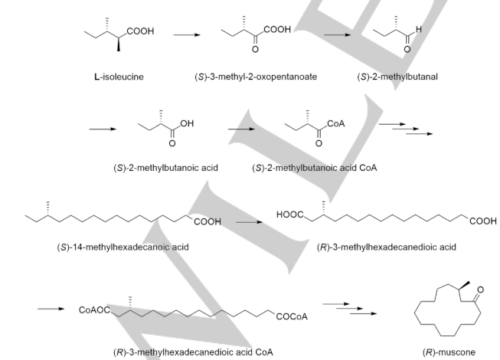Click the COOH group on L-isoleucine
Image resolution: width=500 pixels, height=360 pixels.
(x=139, y=31)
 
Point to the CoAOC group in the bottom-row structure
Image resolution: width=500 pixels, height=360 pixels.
(x=94, y=311)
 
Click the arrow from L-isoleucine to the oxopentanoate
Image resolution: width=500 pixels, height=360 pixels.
(x=185, y=34)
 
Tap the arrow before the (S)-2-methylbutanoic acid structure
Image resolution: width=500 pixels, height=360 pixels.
(x=102, y=129)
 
